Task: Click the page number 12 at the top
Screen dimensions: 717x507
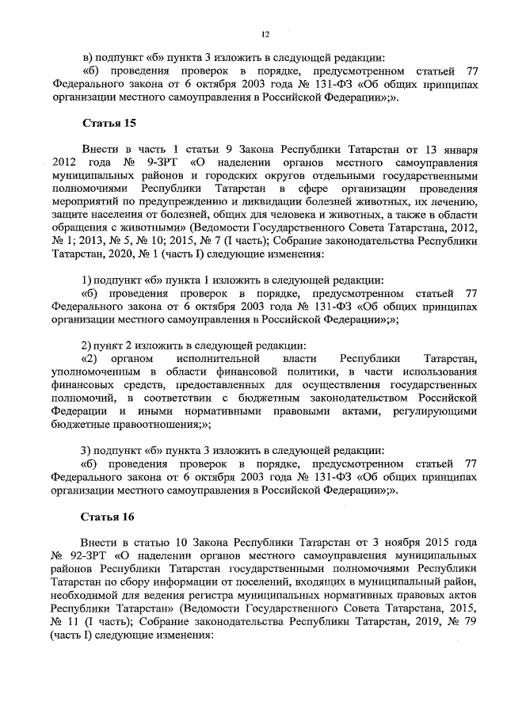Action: point(265,33)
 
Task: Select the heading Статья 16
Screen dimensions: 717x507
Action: point(107,517)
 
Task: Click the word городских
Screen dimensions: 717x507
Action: point(238,176)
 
